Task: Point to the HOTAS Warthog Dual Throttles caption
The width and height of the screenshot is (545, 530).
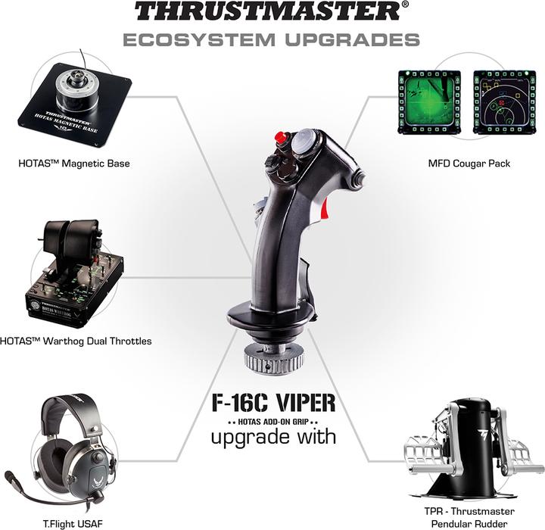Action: pos(76,341)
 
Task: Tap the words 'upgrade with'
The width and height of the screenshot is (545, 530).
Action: pos(272,437)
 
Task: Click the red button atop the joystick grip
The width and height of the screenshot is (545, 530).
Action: pos(281,139)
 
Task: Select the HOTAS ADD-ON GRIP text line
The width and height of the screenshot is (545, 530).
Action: pos(272,419)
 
